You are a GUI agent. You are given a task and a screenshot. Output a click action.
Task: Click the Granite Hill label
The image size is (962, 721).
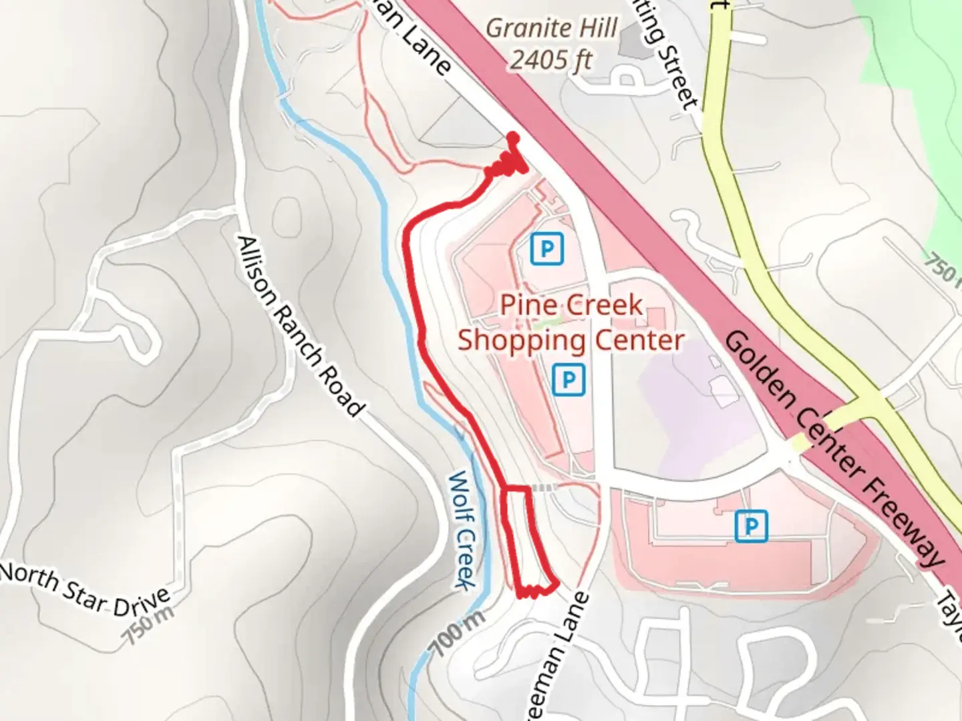552,29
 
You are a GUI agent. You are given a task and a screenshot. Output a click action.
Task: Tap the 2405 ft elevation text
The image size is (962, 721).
552,60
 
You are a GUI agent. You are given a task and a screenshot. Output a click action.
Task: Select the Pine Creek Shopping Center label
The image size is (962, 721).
571,323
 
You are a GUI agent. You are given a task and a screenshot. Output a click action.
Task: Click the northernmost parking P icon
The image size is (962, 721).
547,250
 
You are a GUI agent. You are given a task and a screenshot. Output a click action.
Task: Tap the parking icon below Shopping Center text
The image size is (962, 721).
569,380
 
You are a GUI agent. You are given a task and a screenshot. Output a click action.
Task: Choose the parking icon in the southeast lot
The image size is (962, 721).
751,526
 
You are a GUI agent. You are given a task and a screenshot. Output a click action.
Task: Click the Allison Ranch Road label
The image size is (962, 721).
301,325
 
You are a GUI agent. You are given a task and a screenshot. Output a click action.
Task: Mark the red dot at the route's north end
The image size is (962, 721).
513,138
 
